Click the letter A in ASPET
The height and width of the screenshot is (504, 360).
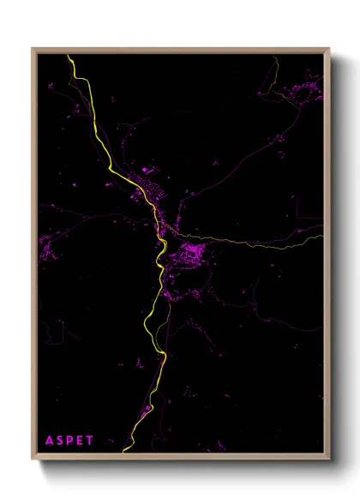click(x=50, y=441)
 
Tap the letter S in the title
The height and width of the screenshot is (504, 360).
click(x=61, y=441)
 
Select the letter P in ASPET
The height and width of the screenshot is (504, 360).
click(x=70, y=441)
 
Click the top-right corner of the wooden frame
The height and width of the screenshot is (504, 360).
click(x=328, y=49)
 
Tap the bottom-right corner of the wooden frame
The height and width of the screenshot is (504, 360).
click(x=328, y=459)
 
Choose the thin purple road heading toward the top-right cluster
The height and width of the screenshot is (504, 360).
click(x=257, y=129)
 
